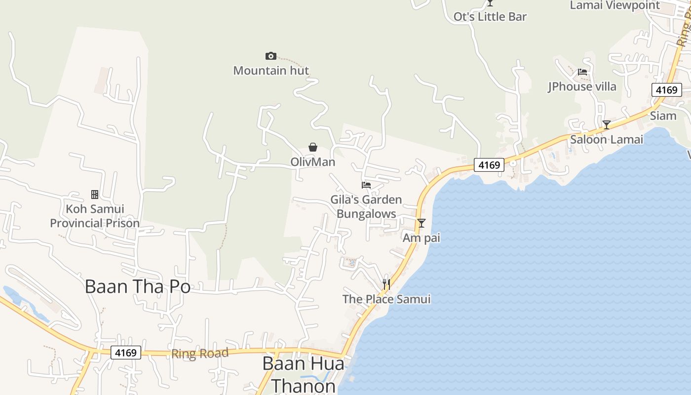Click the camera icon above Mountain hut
[x=270, y=56]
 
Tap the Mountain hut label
[x=271, y=71]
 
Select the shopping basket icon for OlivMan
[x=312, y=147]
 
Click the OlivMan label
[x=312, y=162]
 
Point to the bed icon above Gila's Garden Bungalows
[x=366, y=185]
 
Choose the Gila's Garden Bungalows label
[x=366, y=207]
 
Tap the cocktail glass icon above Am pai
[x=421, y=223]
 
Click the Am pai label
[x=421, y=238]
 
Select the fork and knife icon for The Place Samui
[x=386, y=284]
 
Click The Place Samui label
[x=386, y=299]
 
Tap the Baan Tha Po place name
[x=137, y=286]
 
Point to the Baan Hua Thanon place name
[x=303, y=374]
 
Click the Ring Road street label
[x=200, y=354]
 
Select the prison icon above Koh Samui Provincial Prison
[x=95, y=195]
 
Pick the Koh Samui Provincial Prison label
[x=95, y=216]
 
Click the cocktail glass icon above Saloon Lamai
[x=607, y=125]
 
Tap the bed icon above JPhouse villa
[x=582, y=72]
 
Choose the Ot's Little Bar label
[x=490, y=17]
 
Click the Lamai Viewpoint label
[x=614, y=5]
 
